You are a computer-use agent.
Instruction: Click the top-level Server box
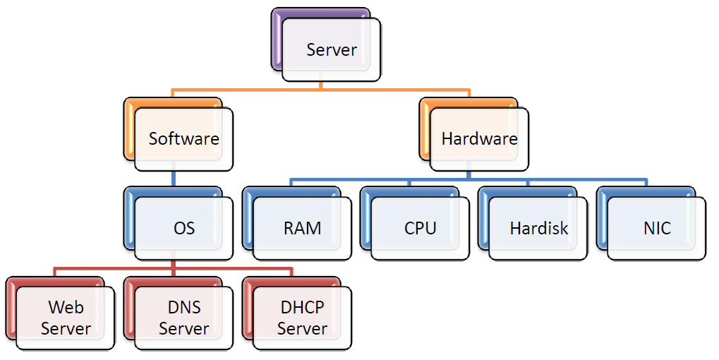332,49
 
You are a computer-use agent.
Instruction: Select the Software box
183,138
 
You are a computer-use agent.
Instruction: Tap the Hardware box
479,138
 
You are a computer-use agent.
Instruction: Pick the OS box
183,228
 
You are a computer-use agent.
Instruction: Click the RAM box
302,228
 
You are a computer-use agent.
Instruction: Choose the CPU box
420,228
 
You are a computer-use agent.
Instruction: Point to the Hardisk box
538,228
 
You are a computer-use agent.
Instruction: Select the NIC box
656,228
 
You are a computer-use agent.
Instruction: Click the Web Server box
66,318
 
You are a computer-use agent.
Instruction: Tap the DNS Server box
183,318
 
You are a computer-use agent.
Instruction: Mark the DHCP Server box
302,318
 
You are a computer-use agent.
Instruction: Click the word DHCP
302,308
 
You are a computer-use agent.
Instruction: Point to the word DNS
183,308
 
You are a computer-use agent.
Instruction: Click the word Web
66,308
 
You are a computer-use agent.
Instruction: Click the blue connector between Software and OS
173,179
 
